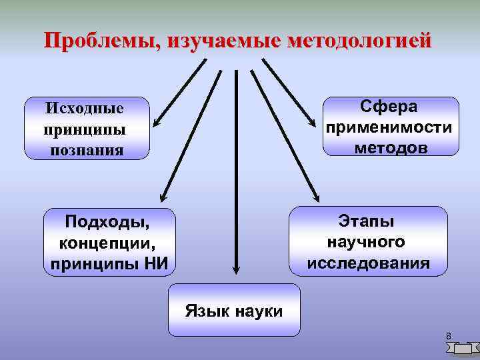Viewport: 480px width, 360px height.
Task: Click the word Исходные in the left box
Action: pos(85,107)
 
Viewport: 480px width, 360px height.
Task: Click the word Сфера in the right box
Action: pos(389,107)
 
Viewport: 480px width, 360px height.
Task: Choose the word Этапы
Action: pos(367,220)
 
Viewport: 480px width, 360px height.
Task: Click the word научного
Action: pos(367,241)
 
